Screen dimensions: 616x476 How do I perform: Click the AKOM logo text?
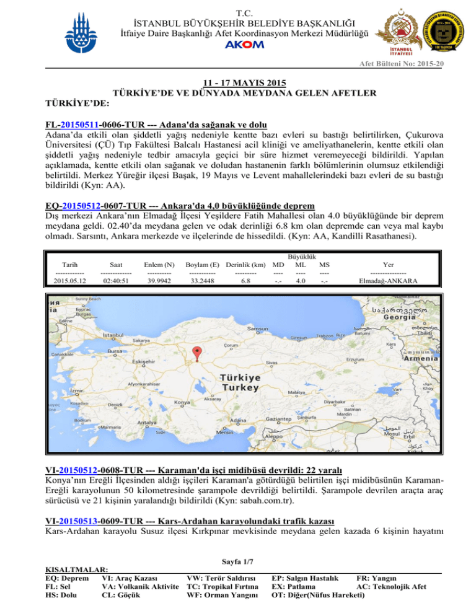tap(238, 45)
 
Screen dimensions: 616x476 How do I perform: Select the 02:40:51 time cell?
tap(115, 280)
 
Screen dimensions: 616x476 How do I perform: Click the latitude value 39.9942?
tap(159, 280)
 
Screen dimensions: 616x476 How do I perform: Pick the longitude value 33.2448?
tap(201, 280)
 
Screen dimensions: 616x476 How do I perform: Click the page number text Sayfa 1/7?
tap(237, 561)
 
